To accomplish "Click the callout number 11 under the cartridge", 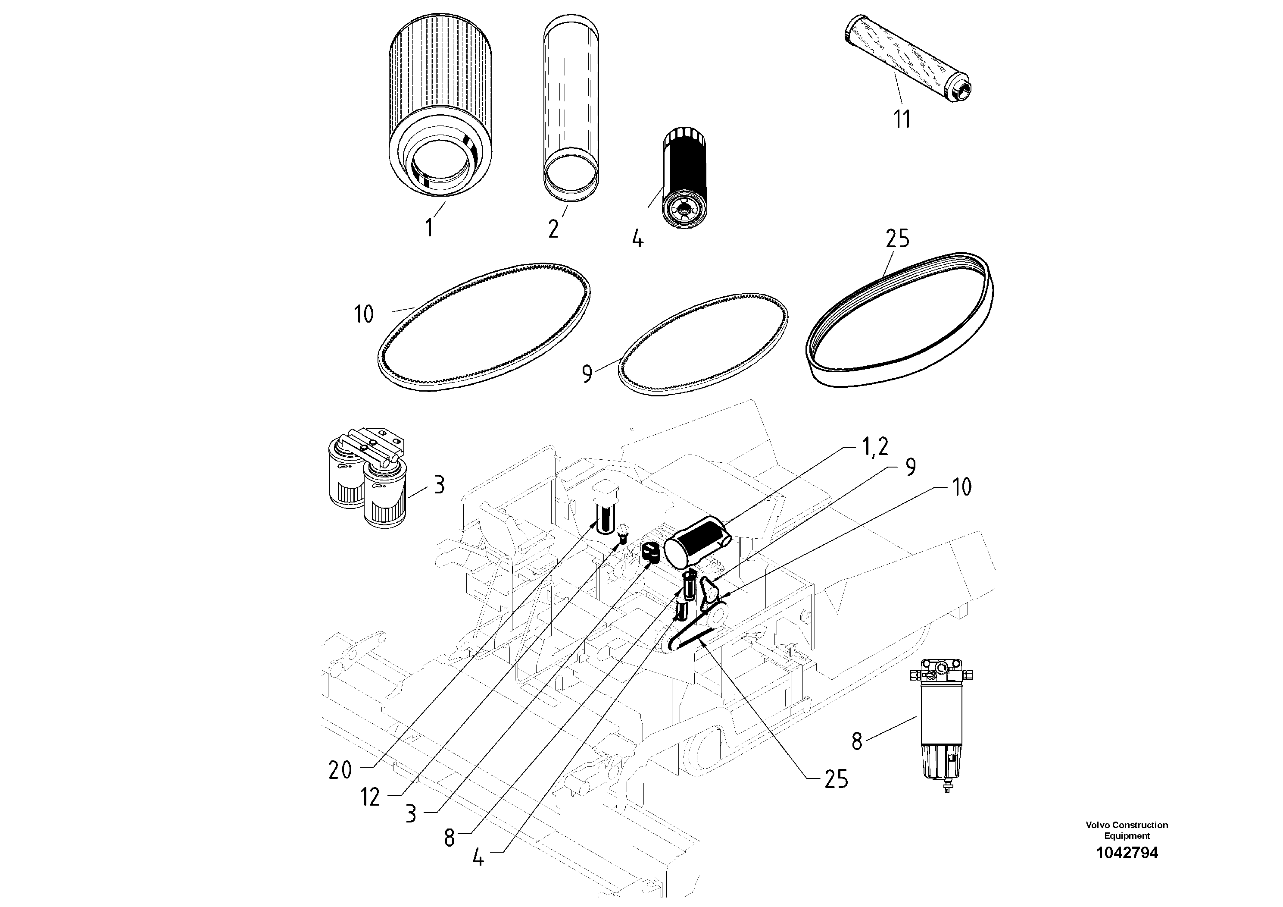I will [x=902, y=119].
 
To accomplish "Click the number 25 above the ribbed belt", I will [x=897, y=239].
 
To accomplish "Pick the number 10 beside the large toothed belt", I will [x=364, y=314].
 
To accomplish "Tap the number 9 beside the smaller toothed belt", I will [x=587, y=374].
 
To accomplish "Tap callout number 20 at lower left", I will [x=340, y=771].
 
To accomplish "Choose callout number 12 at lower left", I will [x=370, y=797].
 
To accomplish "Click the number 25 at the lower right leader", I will [x=836, y=779].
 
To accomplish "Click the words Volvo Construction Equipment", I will [x=1127, y=830].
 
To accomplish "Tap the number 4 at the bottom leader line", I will [x=478, y=858].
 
